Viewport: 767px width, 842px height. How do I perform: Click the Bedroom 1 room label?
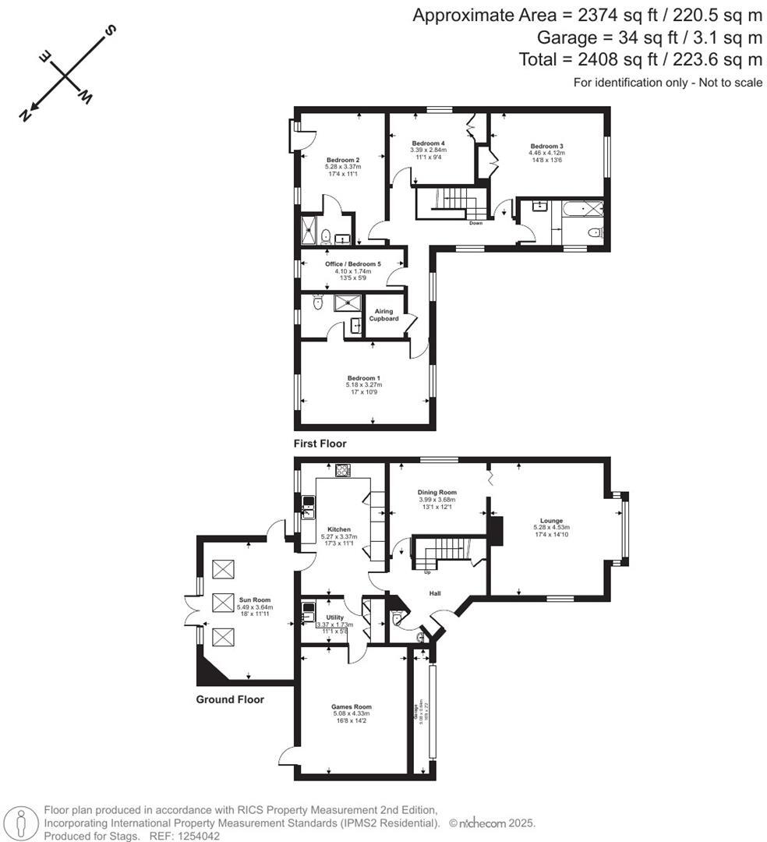click(x=363, y=378)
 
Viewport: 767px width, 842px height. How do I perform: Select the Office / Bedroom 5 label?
click(x=353, y=264)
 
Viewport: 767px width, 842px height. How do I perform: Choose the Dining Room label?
click(x=437, y=493)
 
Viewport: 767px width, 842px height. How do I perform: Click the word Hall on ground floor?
click(x=437, y=594)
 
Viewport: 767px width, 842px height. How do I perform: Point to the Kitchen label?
click(x=339, y=529)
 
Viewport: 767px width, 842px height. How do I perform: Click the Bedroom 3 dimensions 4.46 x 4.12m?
click(x=546, y=154)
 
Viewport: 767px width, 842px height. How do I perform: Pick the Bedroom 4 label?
click(x=428, y=143)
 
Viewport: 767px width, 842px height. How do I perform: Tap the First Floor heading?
click(x=320, y=444)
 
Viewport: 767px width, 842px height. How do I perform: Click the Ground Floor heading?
click(x=230, y=699)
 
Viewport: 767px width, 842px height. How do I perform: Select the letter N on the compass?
click(x=27, y=115)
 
